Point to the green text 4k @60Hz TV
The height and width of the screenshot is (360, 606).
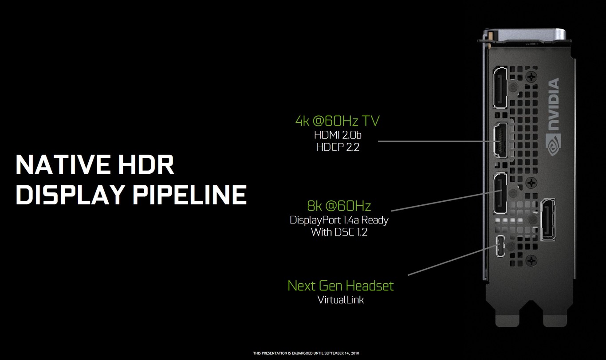(337, 121)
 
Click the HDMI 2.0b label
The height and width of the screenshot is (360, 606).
(337, 135)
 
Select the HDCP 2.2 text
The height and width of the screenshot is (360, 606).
(337, 147)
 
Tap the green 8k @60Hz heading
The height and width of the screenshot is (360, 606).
(338, 206)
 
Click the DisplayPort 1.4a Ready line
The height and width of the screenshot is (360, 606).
(338, 220)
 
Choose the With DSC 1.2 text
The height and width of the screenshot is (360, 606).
(338, 232)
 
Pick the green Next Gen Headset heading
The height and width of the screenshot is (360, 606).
(340, 286)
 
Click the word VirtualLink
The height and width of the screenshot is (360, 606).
(340, 300)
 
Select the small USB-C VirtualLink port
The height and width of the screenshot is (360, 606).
(500, 247)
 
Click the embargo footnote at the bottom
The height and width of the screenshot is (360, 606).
(306, 353)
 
